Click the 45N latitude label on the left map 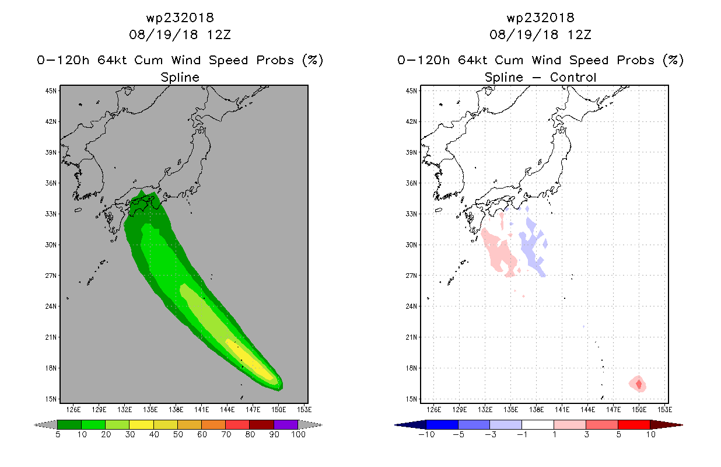coord(51,91)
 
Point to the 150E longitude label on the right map coord(639,410)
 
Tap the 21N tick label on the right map coord(411,337)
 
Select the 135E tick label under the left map coord(150,410)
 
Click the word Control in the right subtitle coord(573,77)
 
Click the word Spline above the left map coord(180,77)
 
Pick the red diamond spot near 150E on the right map coord(639,384)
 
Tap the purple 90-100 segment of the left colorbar coord(286,424)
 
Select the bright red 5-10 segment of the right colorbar coord(633,424)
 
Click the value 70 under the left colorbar coord(226,434)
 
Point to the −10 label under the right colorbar coord(426,434)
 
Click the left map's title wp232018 coord(180,18)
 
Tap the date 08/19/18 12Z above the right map coord(540,34)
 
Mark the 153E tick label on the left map coord(304,410)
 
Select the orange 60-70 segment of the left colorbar coord(213,424)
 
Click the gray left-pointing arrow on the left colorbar coord(45,425)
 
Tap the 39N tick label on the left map coord(51,152)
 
